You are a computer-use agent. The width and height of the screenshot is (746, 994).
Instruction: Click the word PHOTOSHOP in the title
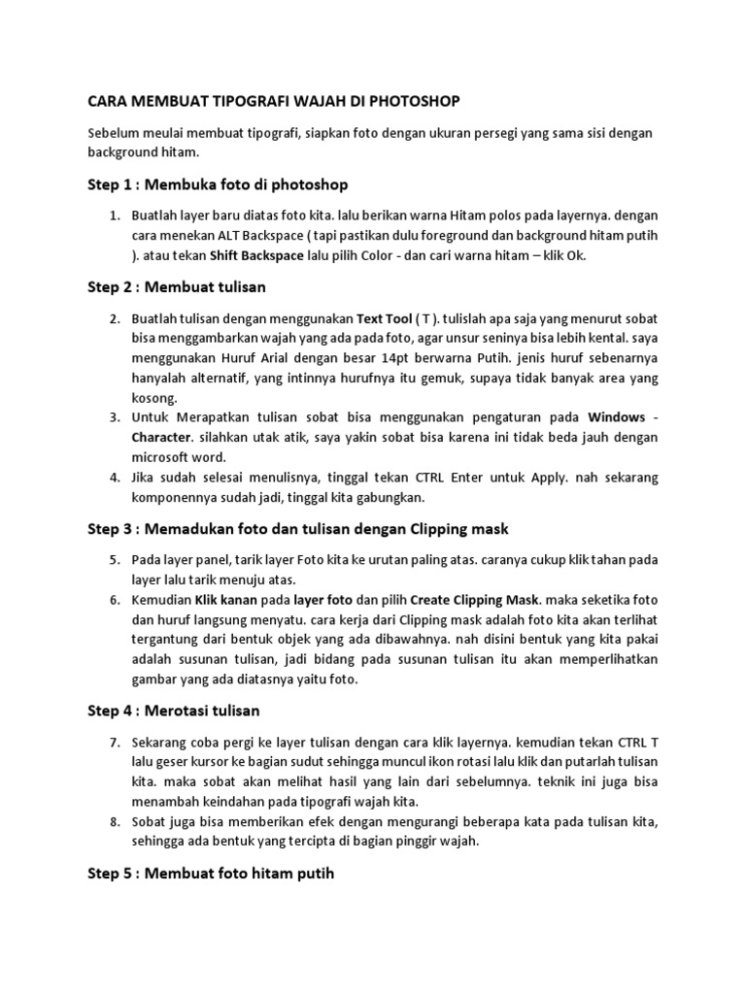pos(412,100)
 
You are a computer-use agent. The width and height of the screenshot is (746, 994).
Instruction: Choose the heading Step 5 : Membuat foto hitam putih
pos(211,874)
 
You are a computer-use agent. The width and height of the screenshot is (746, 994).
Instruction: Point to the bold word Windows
pos(617,416)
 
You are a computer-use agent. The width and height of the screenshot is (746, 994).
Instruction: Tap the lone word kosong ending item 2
pos(154,398)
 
